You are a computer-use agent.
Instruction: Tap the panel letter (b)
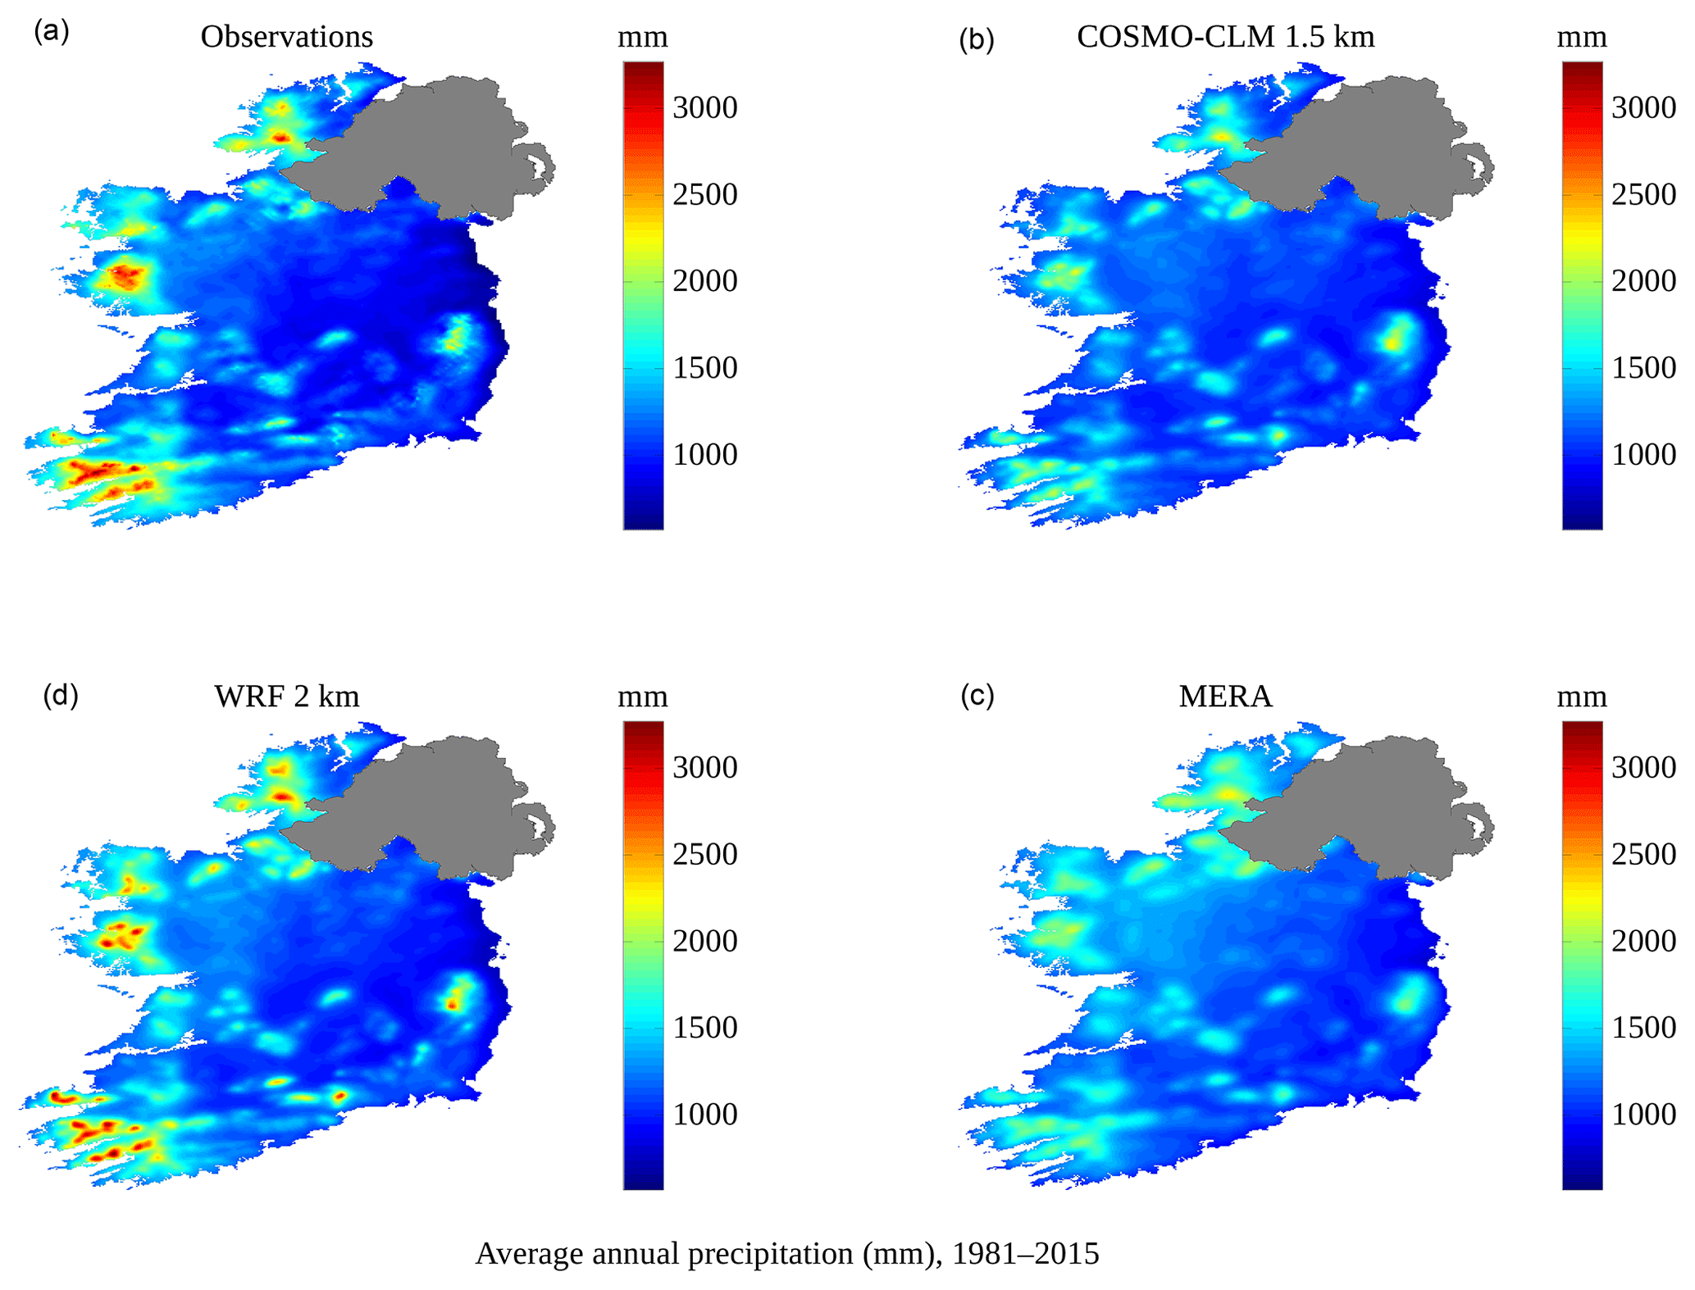pyautogui.click(x=977, y=39)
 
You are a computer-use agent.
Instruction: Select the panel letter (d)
pyautogui.click(x=61, y=695)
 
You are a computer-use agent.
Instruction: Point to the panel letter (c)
pyautogui.click(x=977, y=695)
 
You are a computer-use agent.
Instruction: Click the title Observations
pyautogui.click(x=286, y=37)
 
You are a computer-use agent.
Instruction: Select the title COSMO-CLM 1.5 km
pyautogui.click(x=1225, y=37)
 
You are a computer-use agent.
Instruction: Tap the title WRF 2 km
pyautogui.click(x=287, y=697)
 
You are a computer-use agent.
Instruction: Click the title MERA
pyautogui.click(x=1225, y=697)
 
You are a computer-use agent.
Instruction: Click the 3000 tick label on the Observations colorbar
pyautogui.click(x=704, y=107)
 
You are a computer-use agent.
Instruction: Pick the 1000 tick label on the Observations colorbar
pyautogui.click(x=704, y=454)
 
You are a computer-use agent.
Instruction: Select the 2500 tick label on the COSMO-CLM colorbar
pyautogui.click(x=1643, y=194)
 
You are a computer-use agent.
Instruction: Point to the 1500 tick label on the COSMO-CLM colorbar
pyautogui.click(x=1643, y=367)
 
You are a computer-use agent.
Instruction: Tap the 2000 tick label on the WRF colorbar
pyautogui.click(x=704, y=941)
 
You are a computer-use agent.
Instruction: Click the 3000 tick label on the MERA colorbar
pyautogui.click(x=1643, y=767)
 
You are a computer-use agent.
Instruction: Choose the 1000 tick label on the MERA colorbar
pyautogui.click(x=1643, y=1114)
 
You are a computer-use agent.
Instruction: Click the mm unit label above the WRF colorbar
pyautogui.click(x=642, y=697)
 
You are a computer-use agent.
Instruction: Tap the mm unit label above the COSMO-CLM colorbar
pyautogui.click(x=1581, y=38)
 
